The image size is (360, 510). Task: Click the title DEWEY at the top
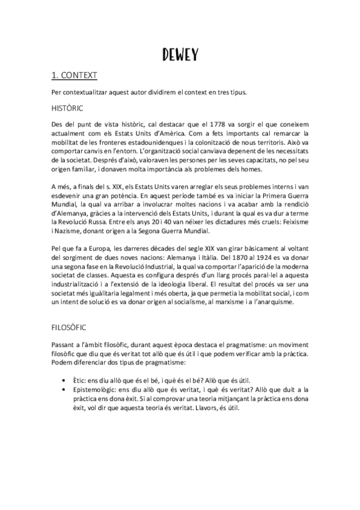pos(180,55)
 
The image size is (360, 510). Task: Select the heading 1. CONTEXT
pos(73,76)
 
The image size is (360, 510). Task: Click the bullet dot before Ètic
pos(64,381)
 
